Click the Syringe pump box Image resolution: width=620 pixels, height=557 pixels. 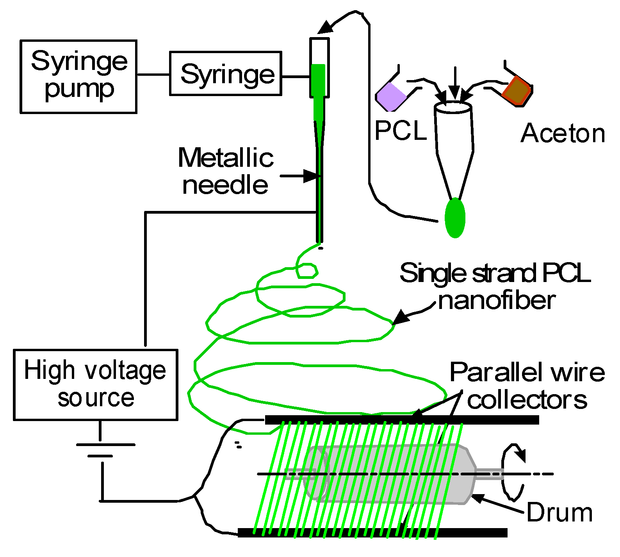78,77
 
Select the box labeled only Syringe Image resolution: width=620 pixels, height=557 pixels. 226,73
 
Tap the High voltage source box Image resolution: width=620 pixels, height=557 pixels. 96,385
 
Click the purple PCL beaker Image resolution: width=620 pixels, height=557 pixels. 391,96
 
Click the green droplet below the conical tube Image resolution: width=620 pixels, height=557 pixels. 455,218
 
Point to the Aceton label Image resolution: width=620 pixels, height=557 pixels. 563,133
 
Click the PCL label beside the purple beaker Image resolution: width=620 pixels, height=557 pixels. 401,130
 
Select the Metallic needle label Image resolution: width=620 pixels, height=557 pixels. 226,171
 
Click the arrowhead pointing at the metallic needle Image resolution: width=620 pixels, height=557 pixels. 312,176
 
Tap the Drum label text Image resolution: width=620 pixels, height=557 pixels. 559,512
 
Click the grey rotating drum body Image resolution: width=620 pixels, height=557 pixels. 390,473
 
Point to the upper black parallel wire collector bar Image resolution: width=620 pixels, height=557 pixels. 402,420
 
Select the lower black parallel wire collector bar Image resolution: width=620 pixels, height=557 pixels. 373,532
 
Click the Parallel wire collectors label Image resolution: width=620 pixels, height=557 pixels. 527,386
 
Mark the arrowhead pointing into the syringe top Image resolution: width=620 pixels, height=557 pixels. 325,28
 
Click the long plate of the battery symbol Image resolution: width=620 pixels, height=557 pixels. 106,445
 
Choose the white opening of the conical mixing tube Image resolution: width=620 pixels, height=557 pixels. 453,107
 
